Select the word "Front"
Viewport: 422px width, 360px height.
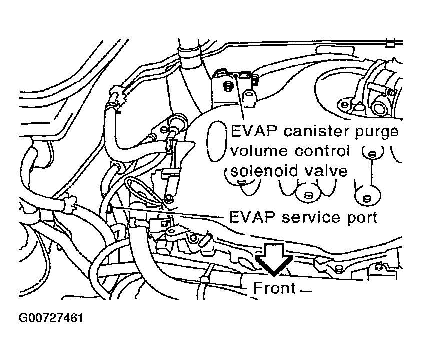[x=275, y=288]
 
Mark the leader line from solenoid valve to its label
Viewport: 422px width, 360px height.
[x=242, y=100]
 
